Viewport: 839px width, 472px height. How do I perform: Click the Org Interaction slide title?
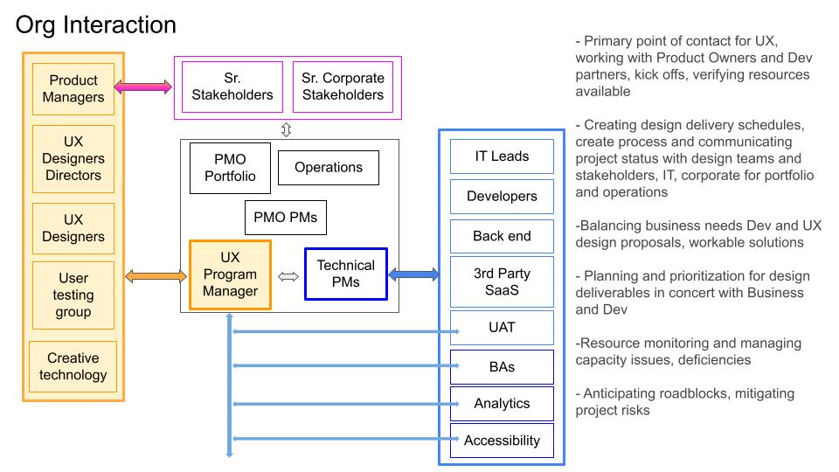(96, 25)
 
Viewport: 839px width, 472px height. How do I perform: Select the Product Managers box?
(73, 89)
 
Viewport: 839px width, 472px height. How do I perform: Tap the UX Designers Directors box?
(73, 158)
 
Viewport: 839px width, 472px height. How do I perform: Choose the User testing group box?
(73, 295)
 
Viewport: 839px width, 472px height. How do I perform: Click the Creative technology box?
(73, 366)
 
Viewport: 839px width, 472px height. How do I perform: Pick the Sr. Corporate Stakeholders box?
(343, 87)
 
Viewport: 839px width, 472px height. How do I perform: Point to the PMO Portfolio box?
(230, 167)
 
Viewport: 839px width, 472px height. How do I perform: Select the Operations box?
(329, 167)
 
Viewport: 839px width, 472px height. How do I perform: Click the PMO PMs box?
(286, 217)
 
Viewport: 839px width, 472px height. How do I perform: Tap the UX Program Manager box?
(231, 274)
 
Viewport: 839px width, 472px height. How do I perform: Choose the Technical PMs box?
(345, 274)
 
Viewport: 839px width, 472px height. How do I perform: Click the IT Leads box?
(502, 156)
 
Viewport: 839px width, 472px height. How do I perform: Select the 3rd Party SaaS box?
(502, 281)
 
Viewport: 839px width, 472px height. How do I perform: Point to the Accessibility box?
(502, 440)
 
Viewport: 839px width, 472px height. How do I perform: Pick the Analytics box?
(502, 403)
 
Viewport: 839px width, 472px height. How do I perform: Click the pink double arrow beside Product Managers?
(143, 87)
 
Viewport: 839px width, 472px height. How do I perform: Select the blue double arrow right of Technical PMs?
(413, 274)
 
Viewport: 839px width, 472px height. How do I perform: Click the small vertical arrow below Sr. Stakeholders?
(286, 129)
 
